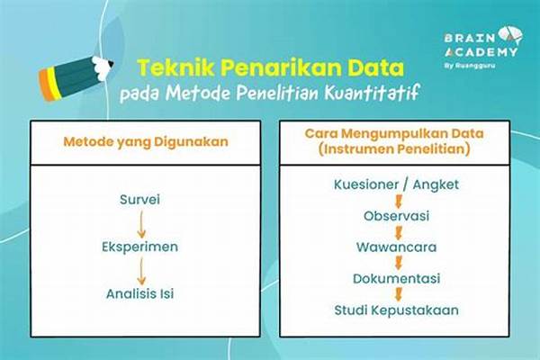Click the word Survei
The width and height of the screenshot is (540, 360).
pos(139,199)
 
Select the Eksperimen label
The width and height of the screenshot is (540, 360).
pos(139,246)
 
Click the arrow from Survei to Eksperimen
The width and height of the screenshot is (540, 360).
pos(139,222)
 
